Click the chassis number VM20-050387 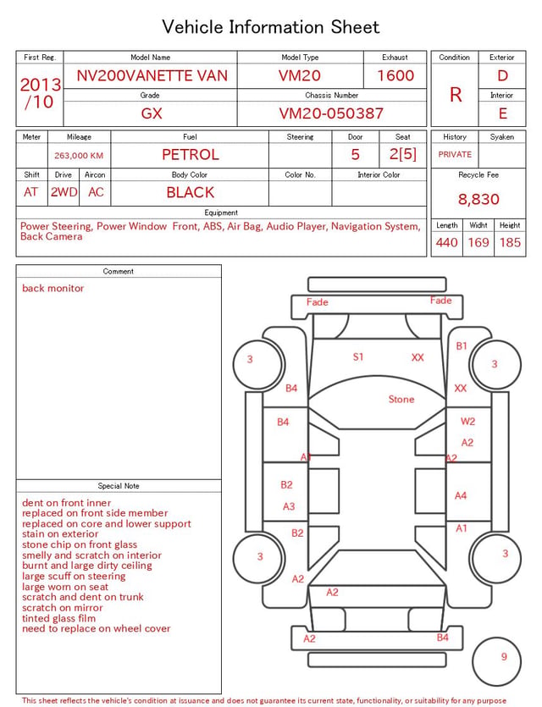(x=331, y=113)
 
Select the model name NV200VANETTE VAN (x=152, y=75)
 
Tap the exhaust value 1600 (x=395, y=75)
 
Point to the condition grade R (x=456, y=95)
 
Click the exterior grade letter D (x=502, y=75)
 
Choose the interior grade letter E (x=502, y=113)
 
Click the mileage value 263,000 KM (x=79, y=156)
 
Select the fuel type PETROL (x=191, y=155)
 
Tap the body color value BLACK (x=191, y=192)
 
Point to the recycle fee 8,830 (x=478, y=199)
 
